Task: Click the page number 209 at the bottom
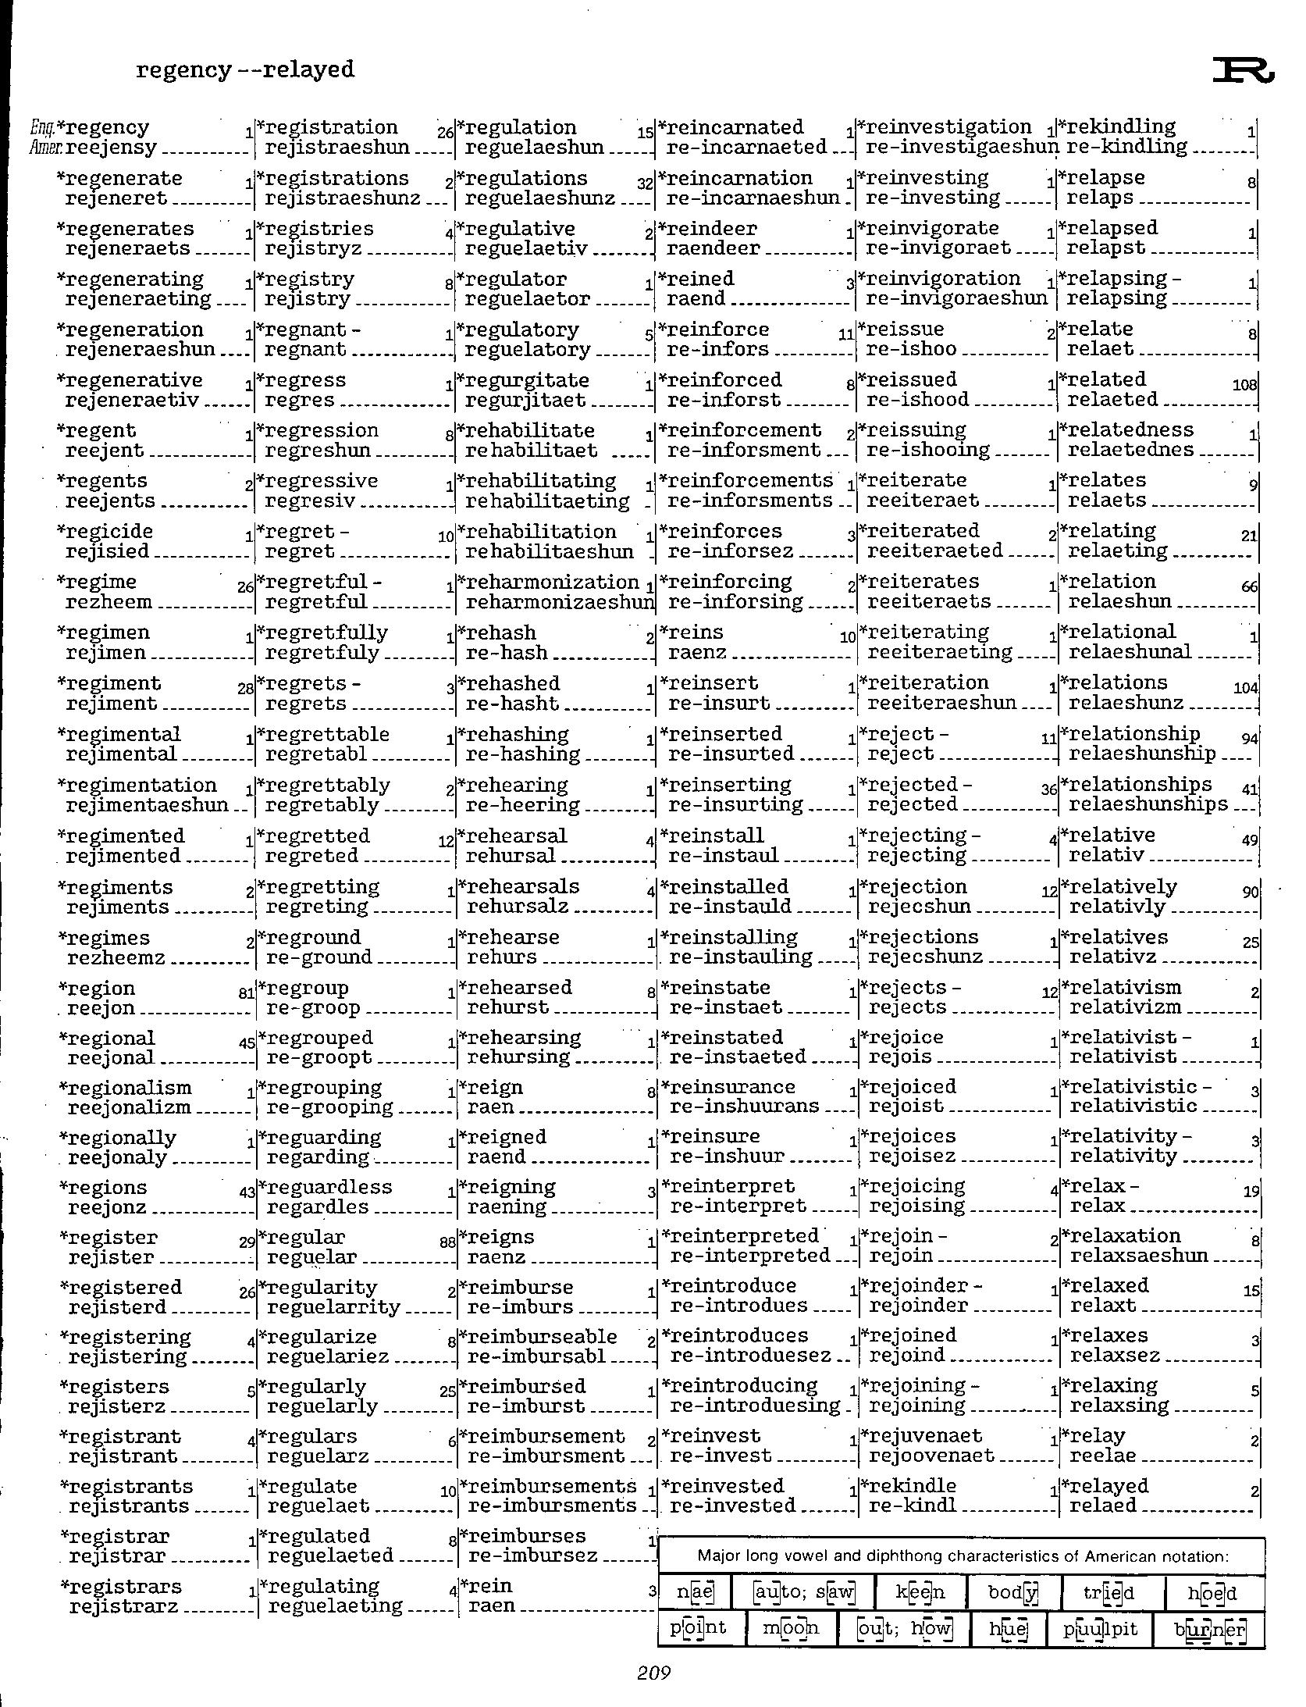click(x=653, y=1672)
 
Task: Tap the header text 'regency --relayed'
click(x=245, y=69)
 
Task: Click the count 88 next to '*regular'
click(x=447, y=1242)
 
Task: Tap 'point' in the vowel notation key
click(x=698, y=1628)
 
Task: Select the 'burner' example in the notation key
click(x=1210, y=1630)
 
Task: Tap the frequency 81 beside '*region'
click(x=246, y=994)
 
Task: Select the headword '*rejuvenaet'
click(x=920, y=1436)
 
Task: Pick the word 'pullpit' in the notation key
click(x=1101, y=1630)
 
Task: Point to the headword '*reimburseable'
click(x=539, y=1337)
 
